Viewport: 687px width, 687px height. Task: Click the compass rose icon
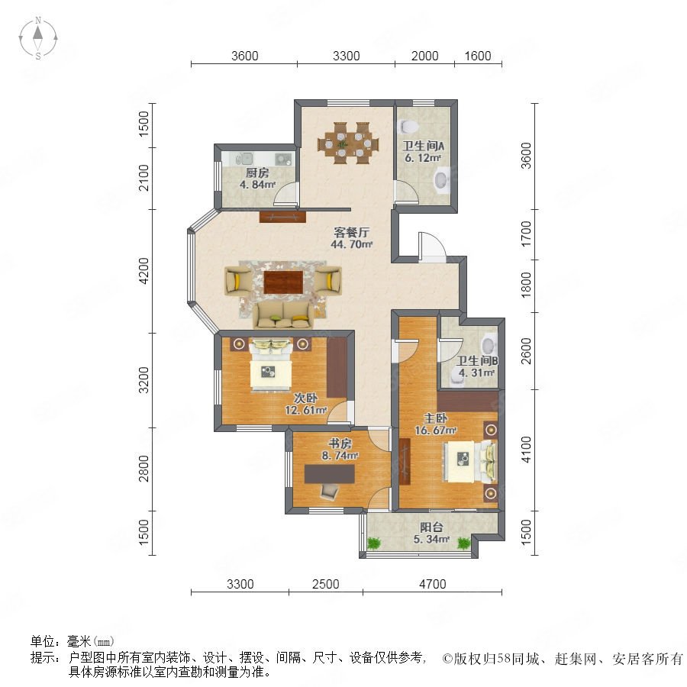pyautogui.click(x=38, y=37)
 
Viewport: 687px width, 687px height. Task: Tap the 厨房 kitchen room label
pyautogui.click(x=257, y=173)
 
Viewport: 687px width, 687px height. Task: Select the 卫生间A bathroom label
pyautogui.click(x=423, y=146)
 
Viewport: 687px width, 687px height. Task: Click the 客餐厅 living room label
pyautogui.click(x=351, y=232)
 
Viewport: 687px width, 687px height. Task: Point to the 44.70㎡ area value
pyautogui.click(x=351, y=244)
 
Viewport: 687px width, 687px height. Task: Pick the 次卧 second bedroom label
pyautogui.click(x=305, y=398)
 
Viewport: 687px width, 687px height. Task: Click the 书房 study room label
pyautogui.click(x=340, y=443)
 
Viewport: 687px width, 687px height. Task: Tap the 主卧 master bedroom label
pyautogui.click(x=436, y=418)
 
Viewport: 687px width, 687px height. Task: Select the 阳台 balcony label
pyautogui.click(x=431, y=527)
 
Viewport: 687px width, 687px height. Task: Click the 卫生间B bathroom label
pyautogui.click(x=477, y=361)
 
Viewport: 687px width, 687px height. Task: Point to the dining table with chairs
pyautogui.click(x=348, y=143)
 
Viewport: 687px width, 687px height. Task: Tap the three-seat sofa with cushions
pyautogui.click(x=283, y=314)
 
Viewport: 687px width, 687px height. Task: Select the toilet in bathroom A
pyautogui.click(x=409, y=126)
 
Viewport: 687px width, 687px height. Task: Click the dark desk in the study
pyautogui.click(x=330, y=473)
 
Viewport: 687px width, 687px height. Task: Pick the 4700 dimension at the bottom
pyautogui.click(x=433, y=584)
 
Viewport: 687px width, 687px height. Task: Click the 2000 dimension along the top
pyautogui.click(x=424, y=56)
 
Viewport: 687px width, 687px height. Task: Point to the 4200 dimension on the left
pyautogui.click(x=144, y=271)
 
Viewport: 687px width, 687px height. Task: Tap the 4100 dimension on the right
pyautogui.click(x=526, y=450)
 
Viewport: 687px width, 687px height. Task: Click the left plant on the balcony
pyautogui.click(x=374, y=543)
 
